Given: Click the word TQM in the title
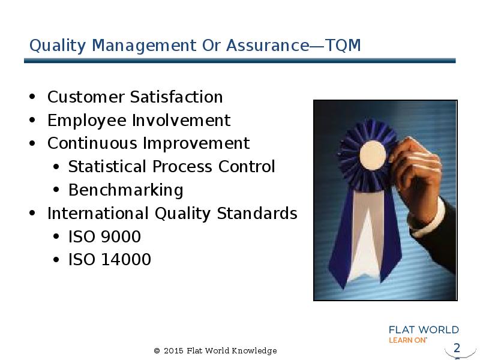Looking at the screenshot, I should click(343, 46).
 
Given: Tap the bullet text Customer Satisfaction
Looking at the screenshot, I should click(135, 97).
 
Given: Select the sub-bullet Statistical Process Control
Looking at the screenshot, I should click(172, 167).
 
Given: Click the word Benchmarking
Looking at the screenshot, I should click(126, 190).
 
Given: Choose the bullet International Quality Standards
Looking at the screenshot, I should click(172, 214).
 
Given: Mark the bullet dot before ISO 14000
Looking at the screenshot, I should click(56, 260).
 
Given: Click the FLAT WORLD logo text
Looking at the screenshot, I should click(424, 330).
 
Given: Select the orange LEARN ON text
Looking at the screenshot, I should click(407, 340).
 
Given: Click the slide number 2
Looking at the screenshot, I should click(457, 348).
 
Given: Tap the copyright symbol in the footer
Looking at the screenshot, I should click(157, 351).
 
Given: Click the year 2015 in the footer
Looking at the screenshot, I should click(173, 351).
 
